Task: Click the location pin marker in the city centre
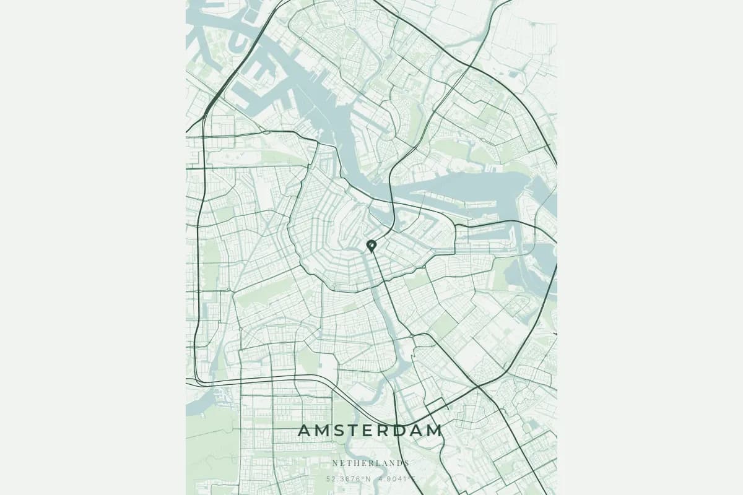pyautogui.click(x=371, y=246)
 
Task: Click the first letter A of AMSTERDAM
pyautogui.click(x=305, y=431)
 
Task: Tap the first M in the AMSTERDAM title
pyautogui.click(x=322, y=431)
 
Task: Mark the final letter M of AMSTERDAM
pyautogui.click(x=435, y=431)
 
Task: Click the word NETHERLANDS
pyautogui.click(x=371, y=463)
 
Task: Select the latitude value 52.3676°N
pyautogui.click(x=349, y=478)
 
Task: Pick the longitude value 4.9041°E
pyautogui.click(x=397, y=478)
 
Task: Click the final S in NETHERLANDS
pyautogui.click(x=407, y=463)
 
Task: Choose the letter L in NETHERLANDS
pyautogui.click(x=378, y=463)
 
